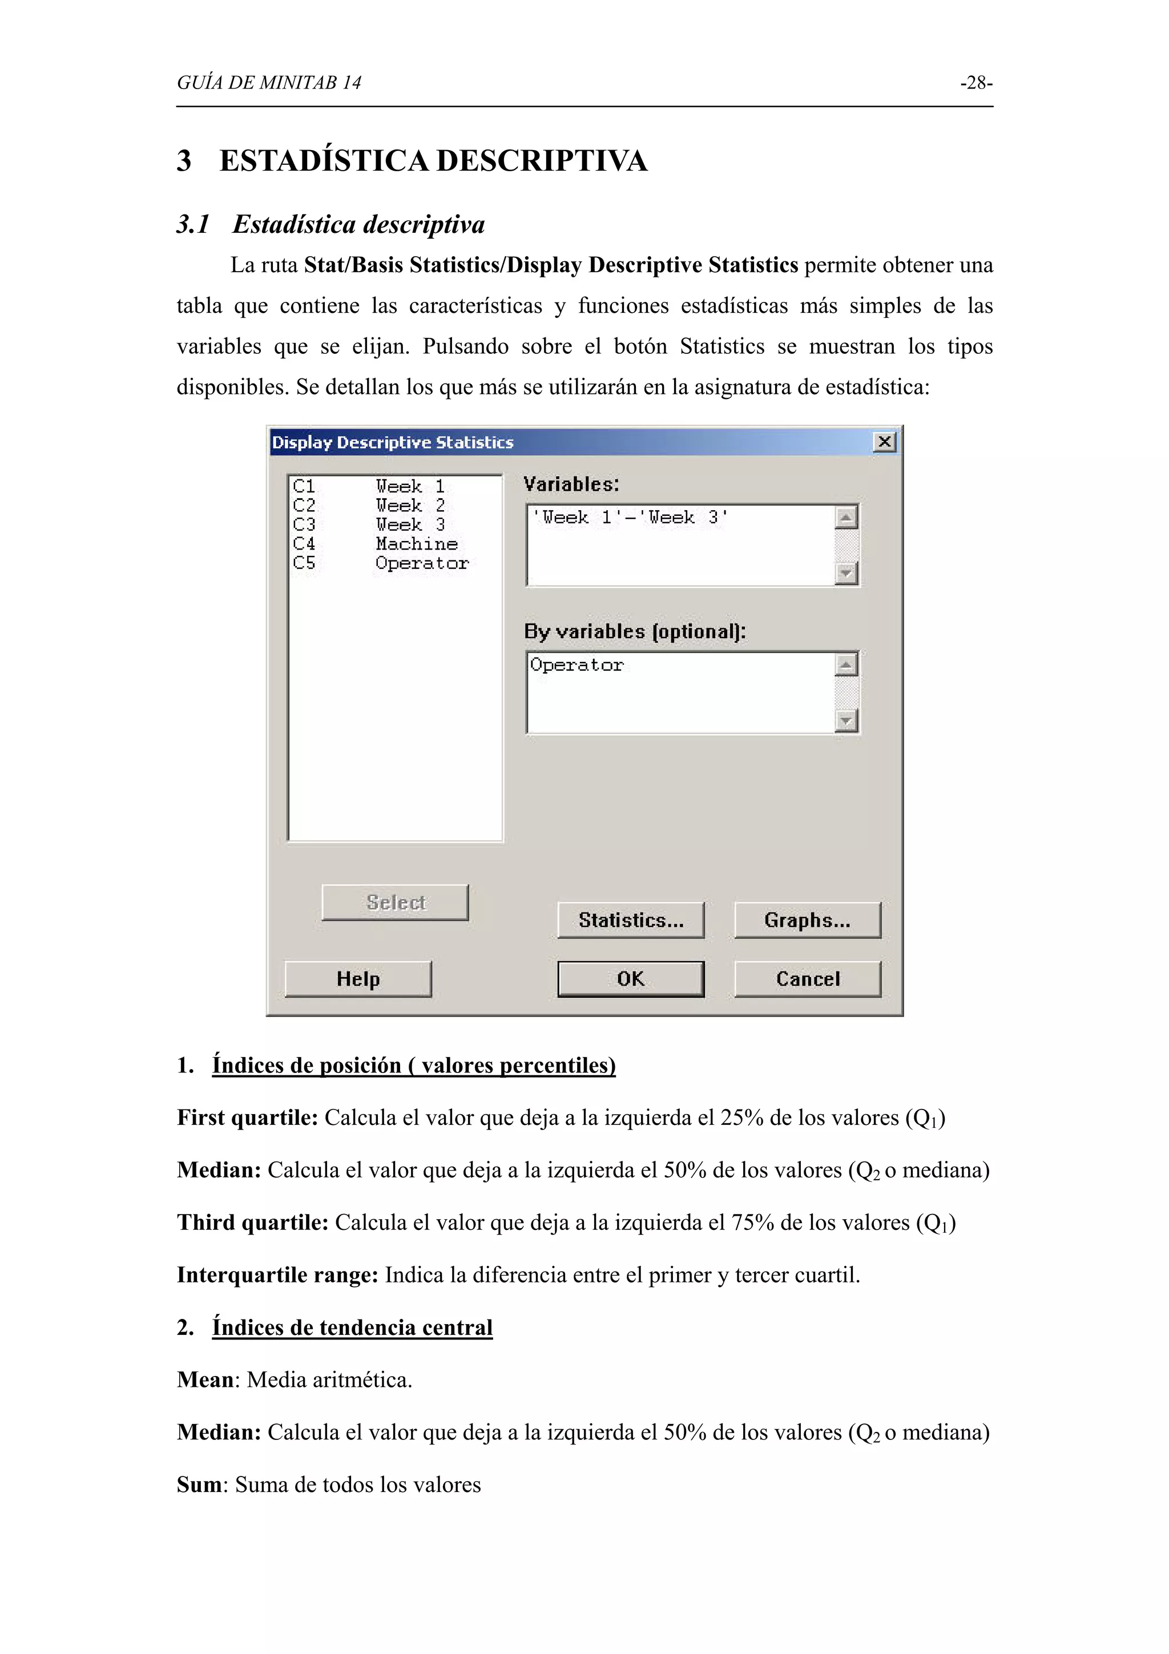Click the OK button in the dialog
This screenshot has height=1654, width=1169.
tap(630, 978)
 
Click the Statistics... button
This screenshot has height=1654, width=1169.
tap(630, 920)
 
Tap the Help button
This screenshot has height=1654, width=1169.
tap(358, 978)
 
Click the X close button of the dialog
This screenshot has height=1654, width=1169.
tap(885, 442)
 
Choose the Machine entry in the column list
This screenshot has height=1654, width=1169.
tap(416, 544)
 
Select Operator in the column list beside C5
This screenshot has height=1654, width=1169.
tap(421, 563)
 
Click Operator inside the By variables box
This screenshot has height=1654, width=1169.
tap(577, 665)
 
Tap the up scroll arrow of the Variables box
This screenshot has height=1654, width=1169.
tap(846, 517)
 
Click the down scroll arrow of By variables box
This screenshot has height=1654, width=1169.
tap(846, 720)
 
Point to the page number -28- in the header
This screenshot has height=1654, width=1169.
tap(976, 83)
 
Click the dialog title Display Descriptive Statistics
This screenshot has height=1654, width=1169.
tap(393, 442)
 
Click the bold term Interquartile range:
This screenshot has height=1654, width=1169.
tap(277, 1274)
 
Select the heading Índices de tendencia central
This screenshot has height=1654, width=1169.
tap(352, 1327)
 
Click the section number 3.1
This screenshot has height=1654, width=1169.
tap(193, 224)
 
